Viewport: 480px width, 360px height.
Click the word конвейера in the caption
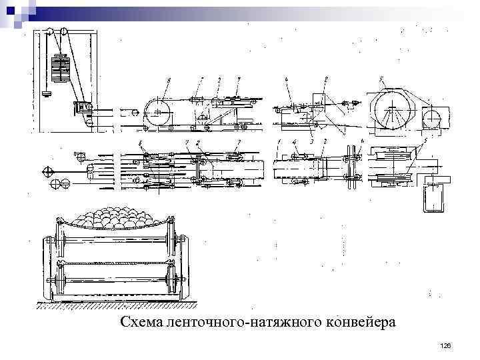point(361,323)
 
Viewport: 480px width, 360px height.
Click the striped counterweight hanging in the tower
point(61,68)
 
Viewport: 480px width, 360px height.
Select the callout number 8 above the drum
point(169,80)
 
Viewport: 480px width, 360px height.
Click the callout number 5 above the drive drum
point(381,79)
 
